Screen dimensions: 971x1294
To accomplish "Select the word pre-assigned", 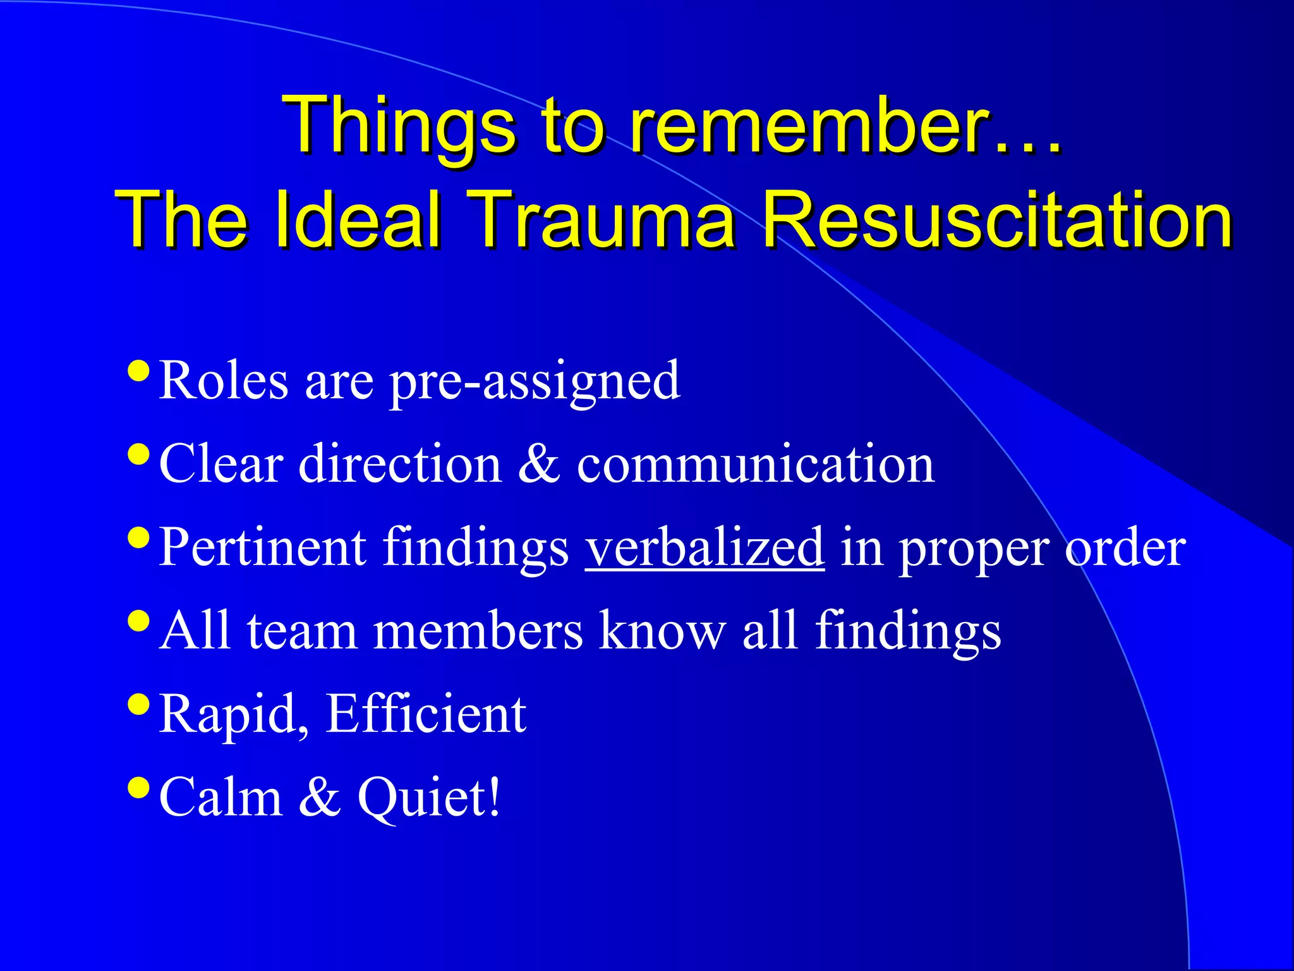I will coord(535,382).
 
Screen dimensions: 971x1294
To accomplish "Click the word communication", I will coord(756,464).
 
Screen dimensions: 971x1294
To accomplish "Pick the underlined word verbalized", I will coord(704,547).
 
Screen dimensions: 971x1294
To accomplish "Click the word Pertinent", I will coord(262,547).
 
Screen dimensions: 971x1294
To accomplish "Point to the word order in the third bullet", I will coord(1125,547).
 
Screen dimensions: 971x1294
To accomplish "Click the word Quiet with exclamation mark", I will coord(430,798).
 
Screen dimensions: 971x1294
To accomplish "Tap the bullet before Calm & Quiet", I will coord(138,787).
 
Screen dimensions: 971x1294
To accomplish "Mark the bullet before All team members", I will coord(138,620).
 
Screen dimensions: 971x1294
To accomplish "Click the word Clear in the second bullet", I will coord(221,464).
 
